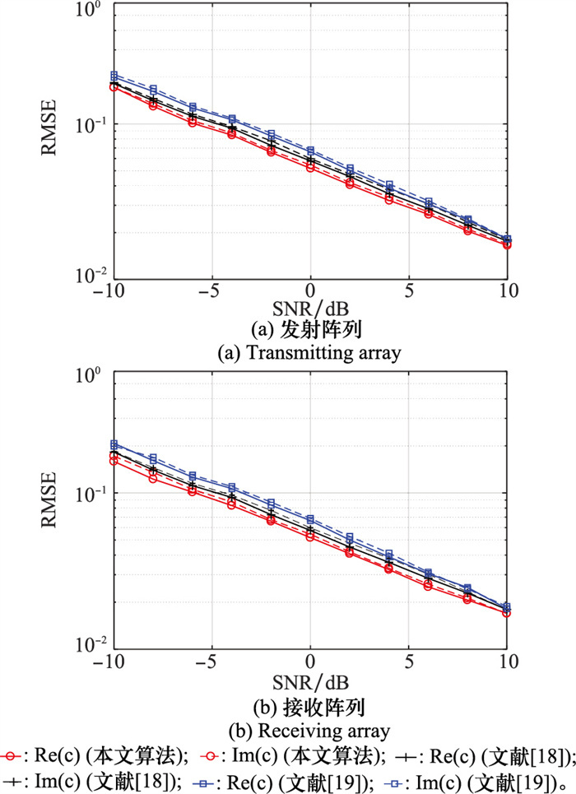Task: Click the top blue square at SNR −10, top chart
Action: click(x=114, y=75)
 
